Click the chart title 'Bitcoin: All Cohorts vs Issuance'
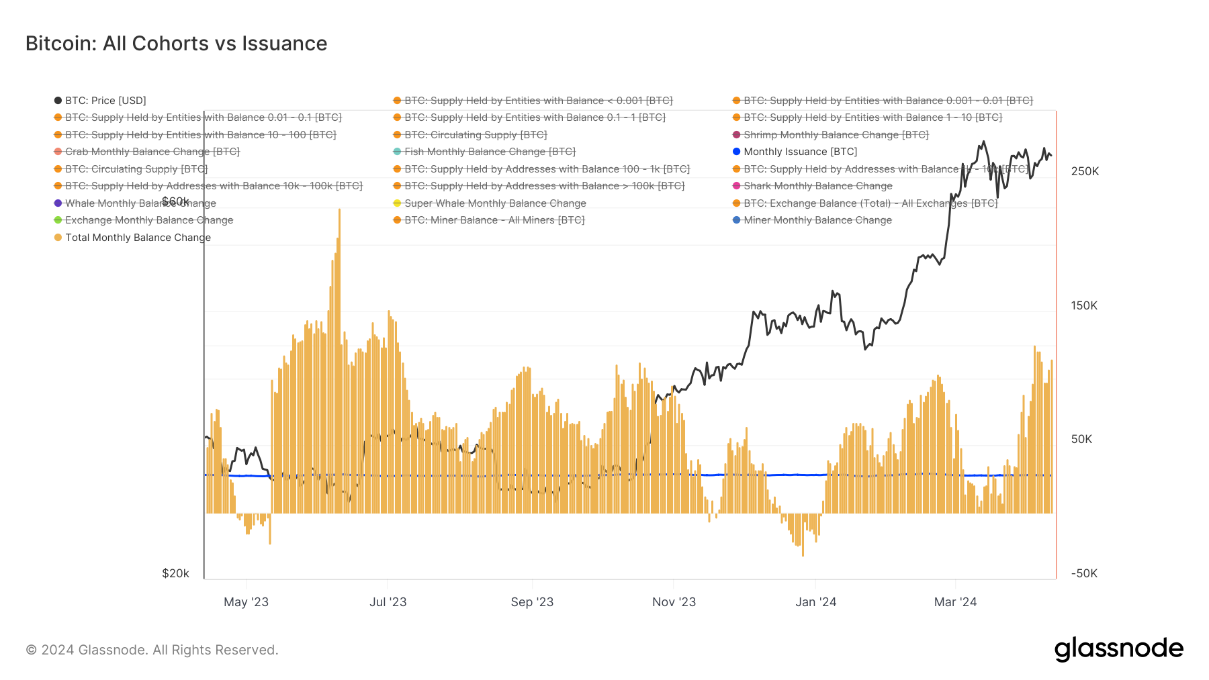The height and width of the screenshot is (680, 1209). (176, 44)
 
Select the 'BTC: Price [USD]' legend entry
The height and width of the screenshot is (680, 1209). (105, 101)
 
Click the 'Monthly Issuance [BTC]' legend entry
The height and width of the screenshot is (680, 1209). (800, 152)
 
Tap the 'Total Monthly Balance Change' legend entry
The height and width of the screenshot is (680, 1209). (138, 238)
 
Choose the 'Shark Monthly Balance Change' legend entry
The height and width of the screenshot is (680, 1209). (817, 186)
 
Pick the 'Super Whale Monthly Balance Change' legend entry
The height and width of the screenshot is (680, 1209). (495, 203)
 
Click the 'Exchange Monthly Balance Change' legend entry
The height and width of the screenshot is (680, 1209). (149, 220)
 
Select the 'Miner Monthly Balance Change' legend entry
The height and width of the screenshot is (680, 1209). (817, 220)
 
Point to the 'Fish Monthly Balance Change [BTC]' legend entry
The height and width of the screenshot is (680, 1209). (490, 152)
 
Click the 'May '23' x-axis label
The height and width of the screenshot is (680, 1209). (246, 602)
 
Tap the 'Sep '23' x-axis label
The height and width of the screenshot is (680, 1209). (532, 602)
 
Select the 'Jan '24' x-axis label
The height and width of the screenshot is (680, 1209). (815, 602)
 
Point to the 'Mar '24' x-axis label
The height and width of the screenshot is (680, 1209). (955, 602)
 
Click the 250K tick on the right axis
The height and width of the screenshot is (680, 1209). (1085, 172)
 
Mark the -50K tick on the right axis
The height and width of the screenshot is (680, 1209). (1084, 573)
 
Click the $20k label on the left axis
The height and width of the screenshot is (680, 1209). (175, 573)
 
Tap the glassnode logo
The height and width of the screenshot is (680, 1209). (1118, 649)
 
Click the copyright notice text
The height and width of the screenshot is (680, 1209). (152, 650)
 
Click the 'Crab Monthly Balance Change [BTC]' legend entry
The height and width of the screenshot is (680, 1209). (152, 152)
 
